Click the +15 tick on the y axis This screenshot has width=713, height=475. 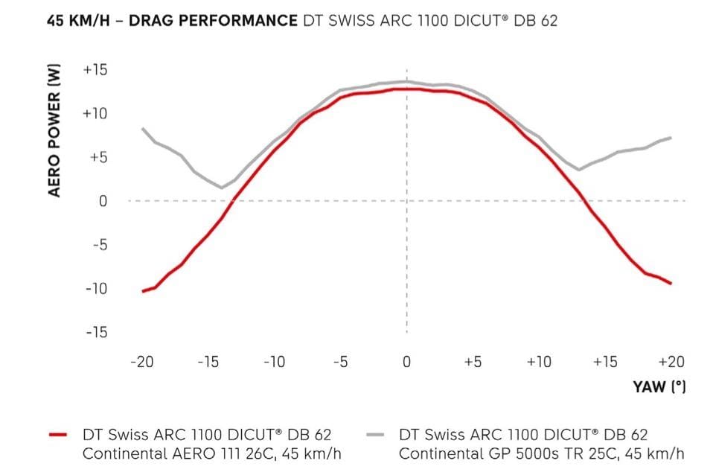95,70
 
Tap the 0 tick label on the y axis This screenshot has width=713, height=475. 103,201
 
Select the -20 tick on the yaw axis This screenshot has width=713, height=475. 141,362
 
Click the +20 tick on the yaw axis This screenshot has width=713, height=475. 671,362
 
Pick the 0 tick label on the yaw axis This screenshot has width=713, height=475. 406,362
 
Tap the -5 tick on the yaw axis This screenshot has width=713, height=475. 340,362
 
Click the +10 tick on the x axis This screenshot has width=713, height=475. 538,362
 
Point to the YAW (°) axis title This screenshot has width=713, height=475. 659,387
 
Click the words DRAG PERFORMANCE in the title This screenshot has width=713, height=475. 214,20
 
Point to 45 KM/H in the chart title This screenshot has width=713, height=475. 78,20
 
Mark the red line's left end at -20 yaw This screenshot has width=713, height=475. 142,291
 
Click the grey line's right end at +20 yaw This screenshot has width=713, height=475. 671,138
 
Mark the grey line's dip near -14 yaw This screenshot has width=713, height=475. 222,188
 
